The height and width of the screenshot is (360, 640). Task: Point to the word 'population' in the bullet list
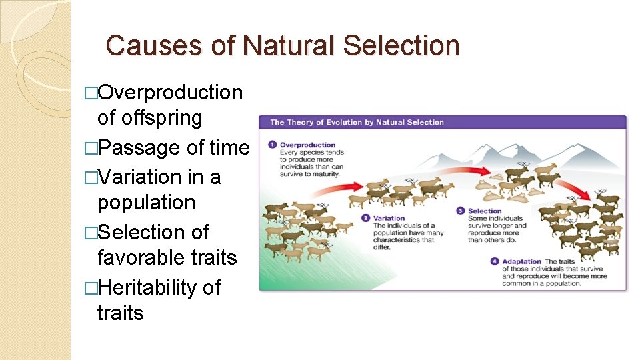pos(146,202)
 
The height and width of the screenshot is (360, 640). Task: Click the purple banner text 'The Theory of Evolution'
pos(313,122)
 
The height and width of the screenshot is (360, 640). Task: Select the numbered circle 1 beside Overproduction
pos(272,145)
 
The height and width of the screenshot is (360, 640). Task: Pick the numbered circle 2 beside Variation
pos(365,218)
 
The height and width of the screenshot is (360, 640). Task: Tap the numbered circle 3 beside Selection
pos(460,211)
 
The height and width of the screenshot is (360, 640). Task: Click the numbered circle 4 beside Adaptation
pos(494,261)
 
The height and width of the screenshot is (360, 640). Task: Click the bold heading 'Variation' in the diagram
pos(389,218)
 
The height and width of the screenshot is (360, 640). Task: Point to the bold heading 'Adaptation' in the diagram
pos(522,261)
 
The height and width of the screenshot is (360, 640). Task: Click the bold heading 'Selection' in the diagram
pos(485,211)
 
